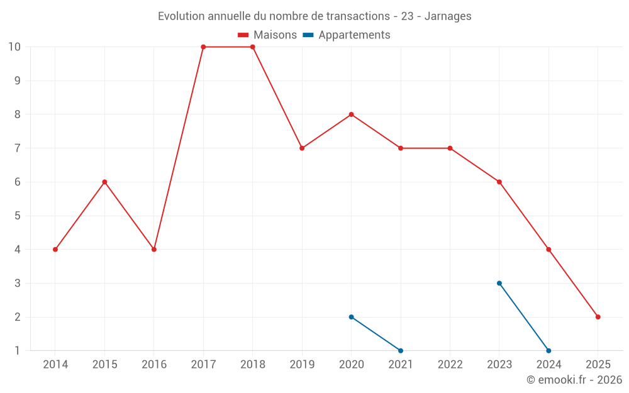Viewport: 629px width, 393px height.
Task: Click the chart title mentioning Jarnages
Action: pos(314,16)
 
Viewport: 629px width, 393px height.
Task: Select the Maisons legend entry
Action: pos(267,35)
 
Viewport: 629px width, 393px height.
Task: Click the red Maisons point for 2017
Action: pos(203,47)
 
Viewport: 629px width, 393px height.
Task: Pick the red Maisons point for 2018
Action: pos(252,47)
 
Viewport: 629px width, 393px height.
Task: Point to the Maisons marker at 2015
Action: pos(104,182)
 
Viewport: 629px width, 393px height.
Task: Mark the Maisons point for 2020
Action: pos(351,114)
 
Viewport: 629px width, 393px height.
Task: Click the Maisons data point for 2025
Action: pos(598,317)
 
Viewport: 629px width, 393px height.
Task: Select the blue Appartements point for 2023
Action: pos(499,283)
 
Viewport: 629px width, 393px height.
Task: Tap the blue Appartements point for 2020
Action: pos(351,317)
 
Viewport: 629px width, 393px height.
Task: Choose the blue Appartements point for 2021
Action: pos(401,350)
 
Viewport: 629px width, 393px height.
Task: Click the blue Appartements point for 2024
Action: pos(548,350)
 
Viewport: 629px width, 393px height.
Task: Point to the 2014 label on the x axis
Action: pos(55,365)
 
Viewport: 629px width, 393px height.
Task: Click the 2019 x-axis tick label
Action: pos(302,365)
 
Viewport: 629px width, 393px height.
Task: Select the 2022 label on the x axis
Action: pos(450,365)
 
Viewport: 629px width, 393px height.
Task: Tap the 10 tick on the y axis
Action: pos(14,47)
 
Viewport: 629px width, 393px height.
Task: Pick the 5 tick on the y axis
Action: pos(18,216)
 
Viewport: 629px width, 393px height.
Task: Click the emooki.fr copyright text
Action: pos(574,380)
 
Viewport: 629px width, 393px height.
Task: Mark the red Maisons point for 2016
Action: pos(153,250)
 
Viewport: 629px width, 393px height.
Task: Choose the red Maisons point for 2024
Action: pos(548,250)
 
